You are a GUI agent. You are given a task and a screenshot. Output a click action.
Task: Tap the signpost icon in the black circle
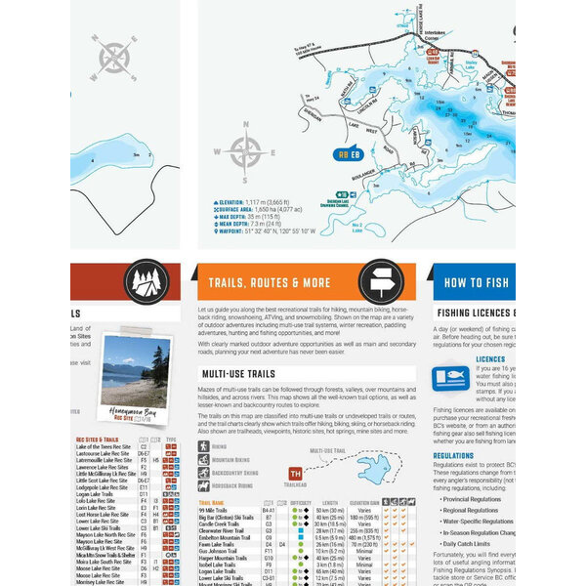(x=380, y=282)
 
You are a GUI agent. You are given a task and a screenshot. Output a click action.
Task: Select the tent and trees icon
(x=146, y=283)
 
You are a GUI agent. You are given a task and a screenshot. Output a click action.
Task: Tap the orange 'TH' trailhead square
(x=296, y=475)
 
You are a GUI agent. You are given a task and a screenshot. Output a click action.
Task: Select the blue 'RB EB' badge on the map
(x=348, y=154)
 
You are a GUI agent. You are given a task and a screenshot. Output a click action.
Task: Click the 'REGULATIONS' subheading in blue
(x=453, y=456)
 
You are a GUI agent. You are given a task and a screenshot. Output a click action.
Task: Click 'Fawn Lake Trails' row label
(x=219, y=544)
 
